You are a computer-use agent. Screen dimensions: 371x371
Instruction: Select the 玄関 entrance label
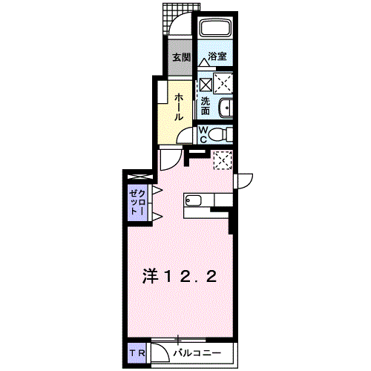click(181, 57)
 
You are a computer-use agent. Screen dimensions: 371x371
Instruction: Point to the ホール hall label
click(180, 108)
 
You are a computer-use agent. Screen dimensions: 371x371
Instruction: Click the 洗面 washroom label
click(205, 105)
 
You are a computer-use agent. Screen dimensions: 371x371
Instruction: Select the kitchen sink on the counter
click(193, 200)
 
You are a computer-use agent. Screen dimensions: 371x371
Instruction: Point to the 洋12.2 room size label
click(180, 277)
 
